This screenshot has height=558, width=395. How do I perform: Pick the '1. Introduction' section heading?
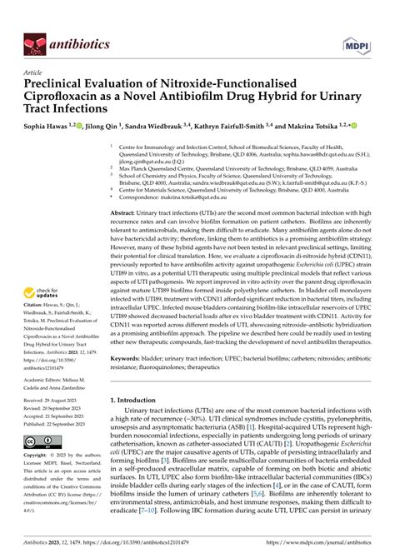pos(139,424)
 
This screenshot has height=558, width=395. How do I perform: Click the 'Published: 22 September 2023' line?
pos(61,423)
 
